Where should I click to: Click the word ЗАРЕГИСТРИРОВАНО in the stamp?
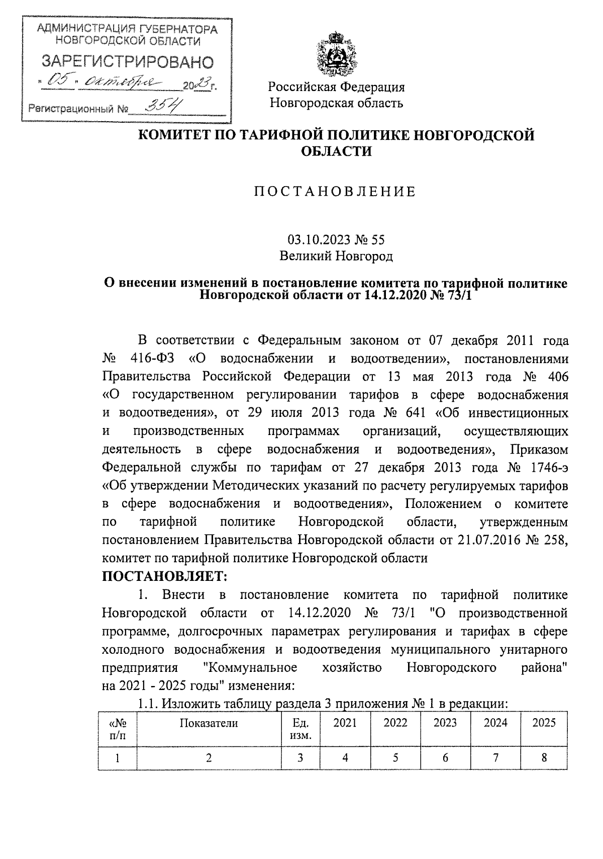click(127, 62)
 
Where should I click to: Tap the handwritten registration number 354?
click(163, 106)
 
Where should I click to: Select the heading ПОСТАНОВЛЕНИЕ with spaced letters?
click(336, 192)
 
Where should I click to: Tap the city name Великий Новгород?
click(336, 256)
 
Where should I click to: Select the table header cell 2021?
click(345, 723)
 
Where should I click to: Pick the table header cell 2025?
click(544, 723)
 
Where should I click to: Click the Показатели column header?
click(209, 723)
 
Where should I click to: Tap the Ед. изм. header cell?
click(300, 729)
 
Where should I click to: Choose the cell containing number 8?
click(544, 758)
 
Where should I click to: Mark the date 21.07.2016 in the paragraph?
click(489, 540)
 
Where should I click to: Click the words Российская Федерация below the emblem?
click(336, 87)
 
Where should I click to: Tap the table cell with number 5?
click(395, 758)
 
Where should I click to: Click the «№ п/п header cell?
click(118, 729)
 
